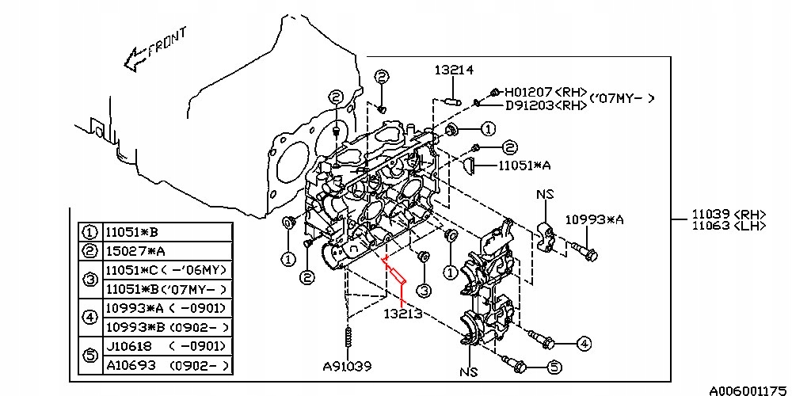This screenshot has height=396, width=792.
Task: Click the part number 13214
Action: coord(453,70)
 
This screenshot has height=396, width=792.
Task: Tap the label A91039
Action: coord(346,367)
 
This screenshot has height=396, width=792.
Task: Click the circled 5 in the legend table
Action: coord(89,356)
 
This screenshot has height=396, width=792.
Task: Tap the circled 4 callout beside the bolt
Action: coord(583,343)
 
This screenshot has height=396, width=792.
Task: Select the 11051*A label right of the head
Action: coord(524,166)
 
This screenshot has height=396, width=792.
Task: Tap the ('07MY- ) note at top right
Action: coord(623,98)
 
